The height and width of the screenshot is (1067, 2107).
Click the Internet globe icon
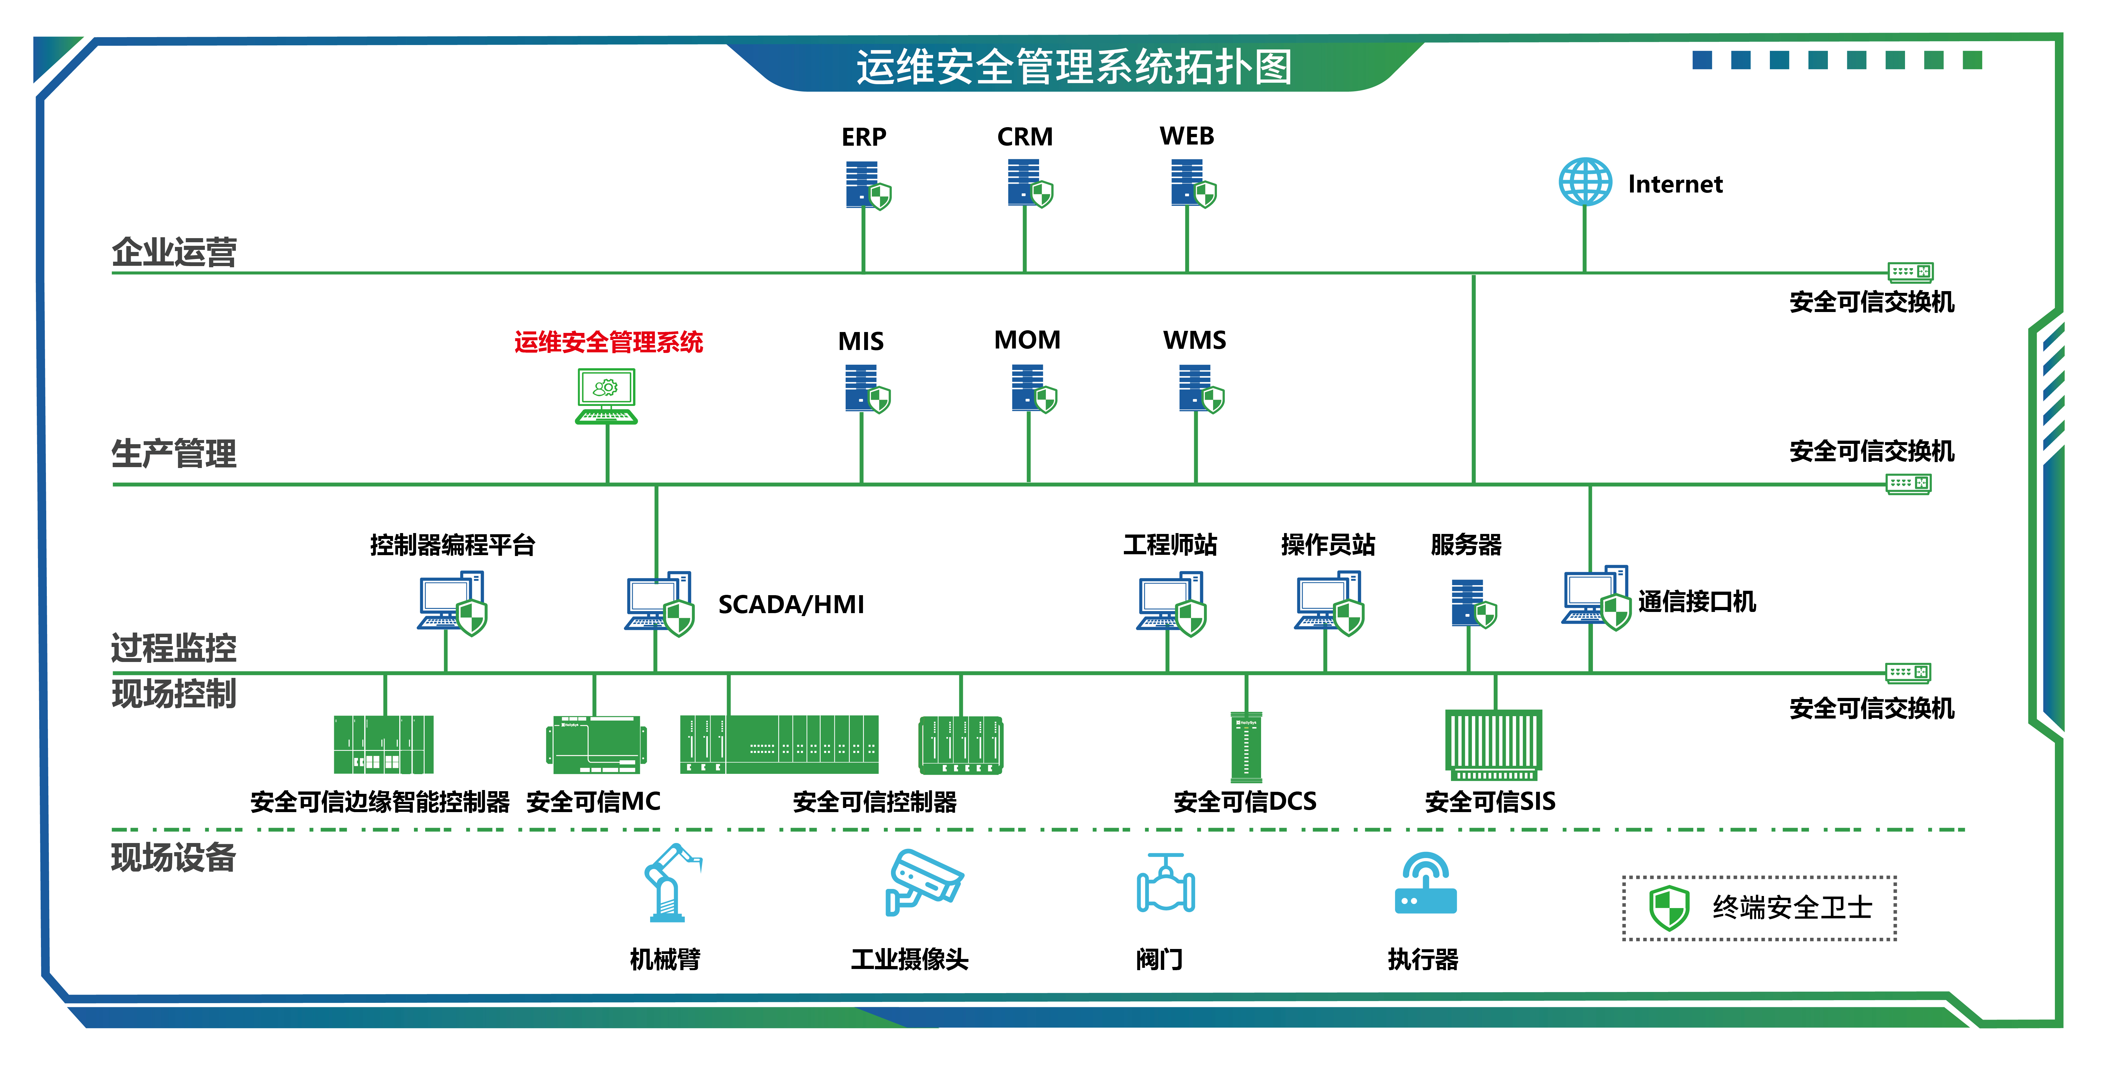point(1584,182)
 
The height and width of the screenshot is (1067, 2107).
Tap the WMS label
point(1194,340)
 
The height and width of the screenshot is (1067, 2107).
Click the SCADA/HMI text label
point(790,604)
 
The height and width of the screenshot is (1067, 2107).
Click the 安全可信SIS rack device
point(1494,744)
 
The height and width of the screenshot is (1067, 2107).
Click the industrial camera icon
point(923,881)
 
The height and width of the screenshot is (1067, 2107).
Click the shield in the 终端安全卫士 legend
point(1669,907)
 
